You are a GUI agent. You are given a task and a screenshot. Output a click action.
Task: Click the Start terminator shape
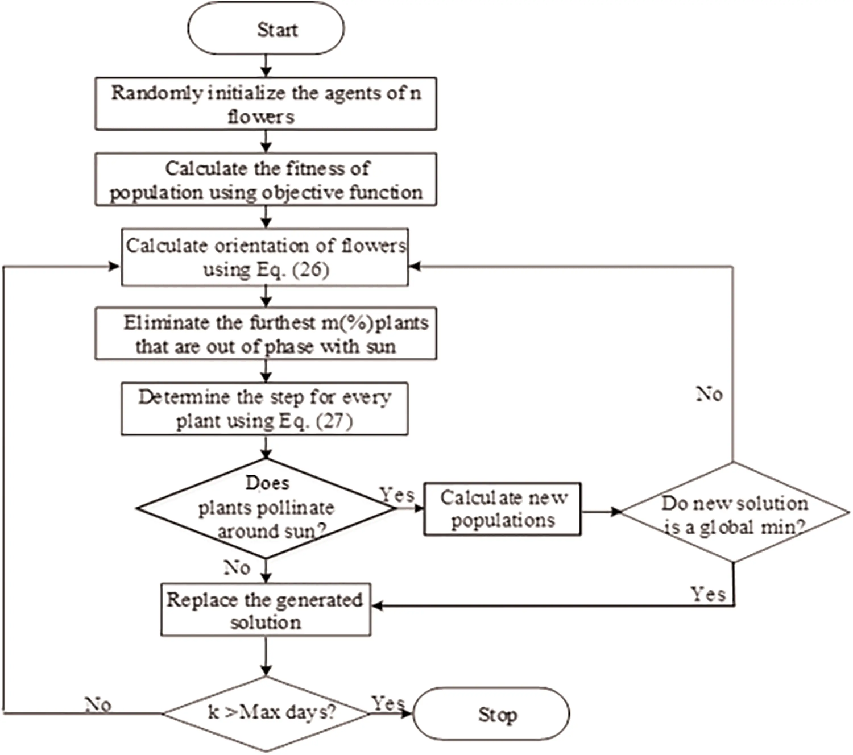(x=266, y=28)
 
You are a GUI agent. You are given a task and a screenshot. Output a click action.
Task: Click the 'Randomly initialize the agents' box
(x=266, y=103)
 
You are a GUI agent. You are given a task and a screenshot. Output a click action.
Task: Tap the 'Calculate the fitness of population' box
(x=266, y=179)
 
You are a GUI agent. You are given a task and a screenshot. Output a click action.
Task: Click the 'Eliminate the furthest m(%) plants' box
(x=266, y=334)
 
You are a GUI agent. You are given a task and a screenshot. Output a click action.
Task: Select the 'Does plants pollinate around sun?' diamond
(x=266, y=508)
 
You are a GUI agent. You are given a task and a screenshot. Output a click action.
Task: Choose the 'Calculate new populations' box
(x=502, y=509)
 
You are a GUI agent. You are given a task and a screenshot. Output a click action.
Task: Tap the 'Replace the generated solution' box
(x=266, y=610)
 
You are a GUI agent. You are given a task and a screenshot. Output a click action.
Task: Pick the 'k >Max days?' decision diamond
(x=266, y=713)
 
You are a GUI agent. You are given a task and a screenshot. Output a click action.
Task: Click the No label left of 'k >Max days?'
(x=98, y=705)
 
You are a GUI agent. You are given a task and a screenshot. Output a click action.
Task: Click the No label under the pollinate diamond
(x=237, y=568)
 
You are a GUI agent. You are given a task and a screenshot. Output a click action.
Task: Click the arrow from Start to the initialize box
(x=266, y=66)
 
